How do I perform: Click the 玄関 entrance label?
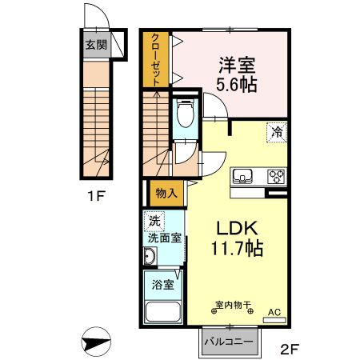coord(96,44)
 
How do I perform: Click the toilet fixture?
coord(186,114)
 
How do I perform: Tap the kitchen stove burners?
coord(275,177)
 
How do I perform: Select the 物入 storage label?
coord(166,193)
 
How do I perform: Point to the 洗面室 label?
coord(165,238)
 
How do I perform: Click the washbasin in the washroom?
coord(150,257)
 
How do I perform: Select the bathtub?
coord(164,314)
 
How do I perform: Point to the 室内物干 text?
coord(233,305)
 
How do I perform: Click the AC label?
coord(274,312)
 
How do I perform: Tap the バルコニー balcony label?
coord(228,342)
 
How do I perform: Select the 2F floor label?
coord(290,348)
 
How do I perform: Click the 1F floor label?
coord(96,195)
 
